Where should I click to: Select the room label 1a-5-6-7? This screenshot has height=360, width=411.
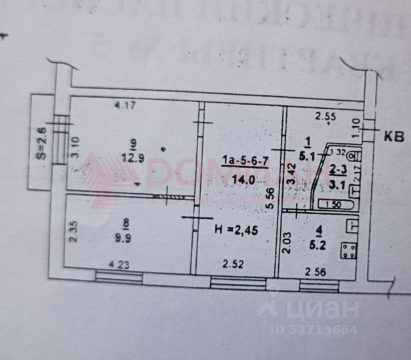(x=244, y=161)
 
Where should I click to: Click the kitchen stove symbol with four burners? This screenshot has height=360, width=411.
(x=348, y=250)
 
